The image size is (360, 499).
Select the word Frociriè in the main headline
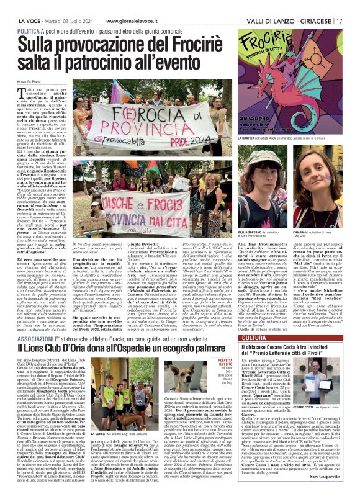point(180,44)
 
